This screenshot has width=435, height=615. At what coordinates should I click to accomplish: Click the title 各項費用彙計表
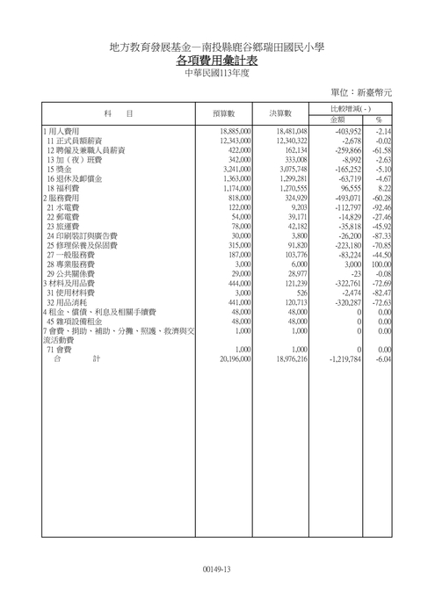[217, 61]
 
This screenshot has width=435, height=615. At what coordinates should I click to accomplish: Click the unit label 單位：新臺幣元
[361, 91]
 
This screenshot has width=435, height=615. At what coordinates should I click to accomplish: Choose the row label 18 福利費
[65, 188]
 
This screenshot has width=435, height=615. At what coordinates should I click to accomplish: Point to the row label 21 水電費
[65, 207]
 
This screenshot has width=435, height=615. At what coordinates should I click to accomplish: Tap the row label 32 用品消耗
[68, 302]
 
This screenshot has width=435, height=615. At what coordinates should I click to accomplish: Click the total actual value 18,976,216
[286, 359]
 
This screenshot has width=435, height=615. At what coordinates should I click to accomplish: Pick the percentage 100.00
[380, 264]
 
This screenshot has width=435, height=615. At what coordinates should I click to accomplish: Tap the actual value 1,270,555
[289, 188]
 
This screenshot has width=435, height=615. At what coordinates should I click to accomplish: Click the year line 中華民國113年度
[217, 74]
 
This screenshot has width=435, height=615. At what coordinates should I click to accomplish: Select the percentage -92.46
[380, 207]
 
